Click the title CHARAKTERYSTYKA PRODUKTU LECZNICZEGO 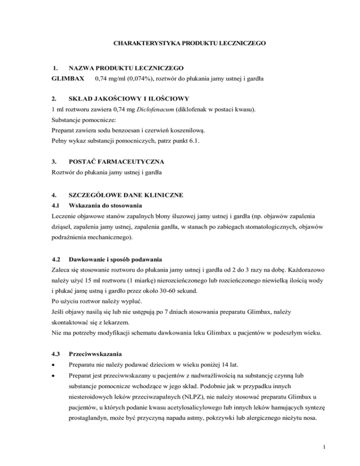point(190,44)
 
